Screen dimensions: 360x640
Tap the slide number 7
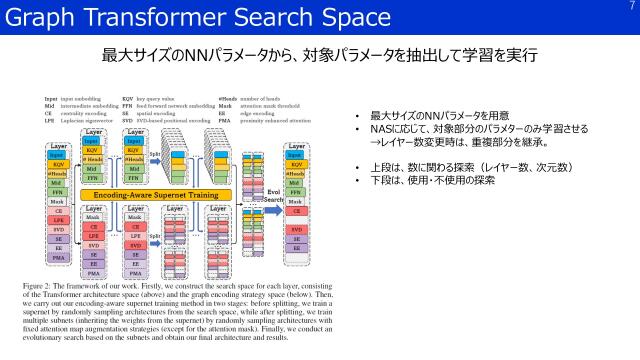click(630, 7)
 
